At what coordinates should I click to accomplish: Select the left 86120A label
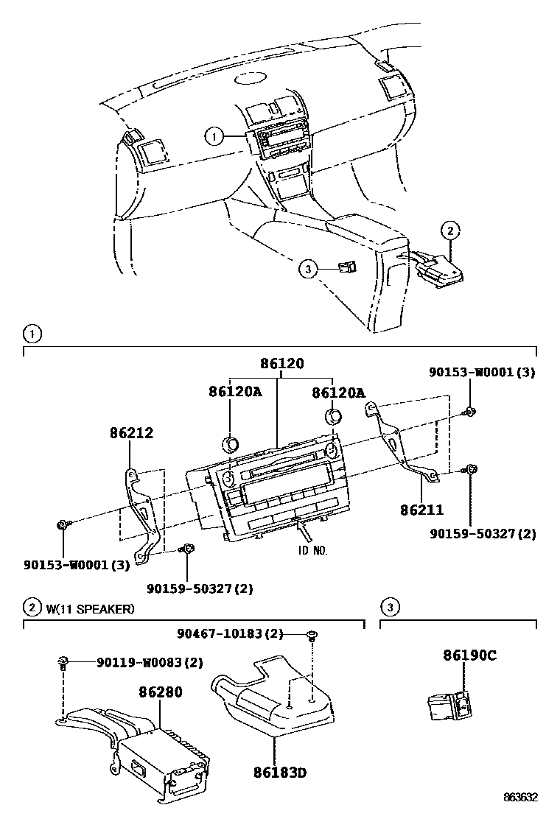[234, 393]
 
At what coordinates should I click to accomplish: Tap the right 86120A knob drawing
[334, 416]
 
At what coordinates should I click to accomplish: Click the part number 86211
[423, 508]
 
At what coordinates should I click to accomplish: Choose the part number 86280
[160, 692]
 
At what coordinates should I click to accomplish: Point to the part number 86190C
[469, 655]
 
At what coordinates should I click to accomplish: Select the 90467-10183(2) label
[240, 633]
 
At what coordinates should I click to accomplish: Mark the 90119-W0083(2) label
[149, 662]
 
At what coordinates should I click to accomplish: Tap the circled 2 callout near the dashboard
[450, 231]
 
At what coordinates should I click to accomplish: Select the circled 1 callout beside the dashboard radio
[214, 136]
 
